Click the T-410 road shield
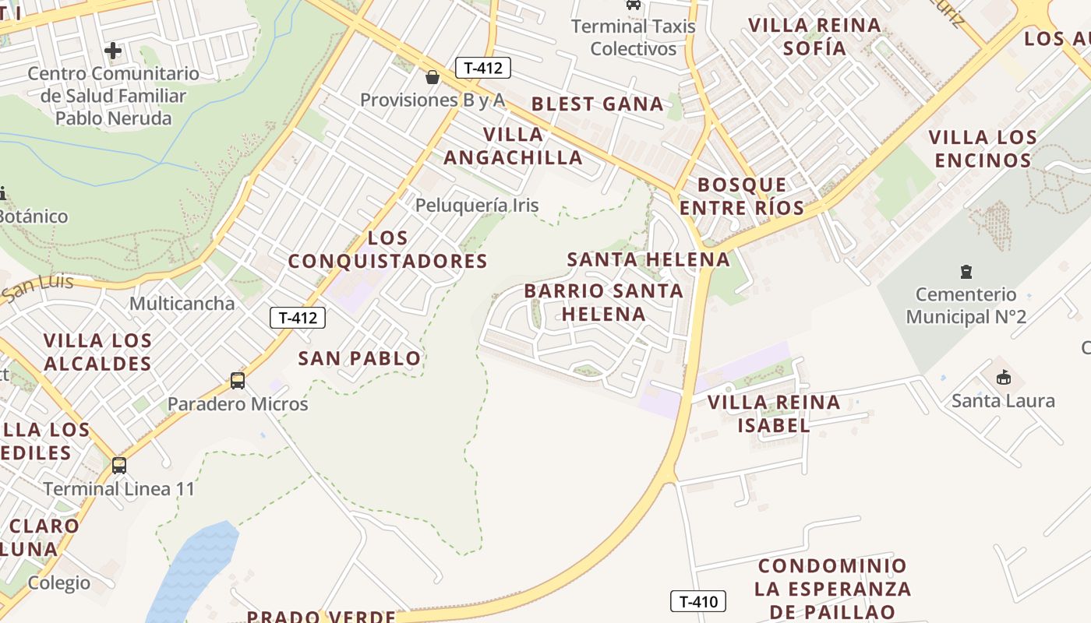click(698, 601)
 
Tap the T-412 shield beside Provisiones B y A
click(482, 68)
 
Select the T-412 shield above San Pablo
click(297, 318)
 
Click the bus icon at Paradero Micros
click(238, 381)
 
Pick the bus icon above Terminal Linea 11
click(118, 465)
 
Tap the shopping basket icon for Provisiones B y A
click(432, 77)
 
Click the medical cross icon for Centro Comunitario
click(113, 51)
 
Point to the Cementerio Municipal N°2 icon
click(966, 272)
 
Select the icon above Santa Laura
click(1003, 378)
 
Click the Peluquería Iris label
click(477, 206)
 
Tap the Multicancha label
click(182, 304)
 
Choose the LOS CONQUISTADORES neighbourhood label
click(388, 249)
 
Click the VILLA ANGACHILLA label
click(513, 146)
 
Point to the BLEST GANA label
click(597, 104)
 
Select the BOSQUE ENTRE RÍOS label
click(742, 196)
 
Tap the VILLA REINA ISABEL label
click(774, 414)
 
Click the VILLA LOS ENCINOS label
click(983, 149)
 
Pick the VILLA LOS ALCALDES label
click(97, 352)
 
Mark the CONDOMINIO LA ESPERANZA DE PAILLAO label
click(832, 589)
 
